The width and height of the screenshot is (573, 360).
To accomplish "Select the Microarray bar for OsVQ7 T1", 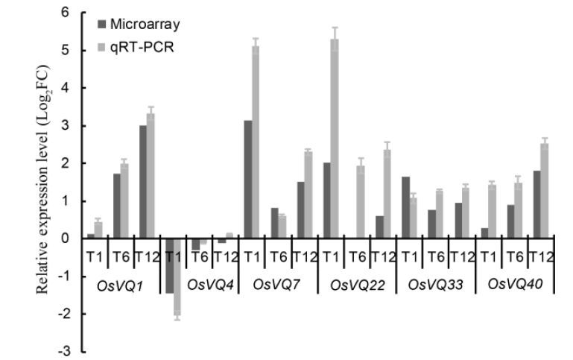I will (x=249, y=179).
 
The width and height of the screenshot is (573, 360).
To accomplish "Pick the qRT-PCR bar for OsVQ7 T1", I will (x=256, y=142).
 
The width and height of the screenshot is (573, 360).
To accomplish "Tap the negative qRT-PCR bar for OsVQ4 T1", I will (x=177, y=276).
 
